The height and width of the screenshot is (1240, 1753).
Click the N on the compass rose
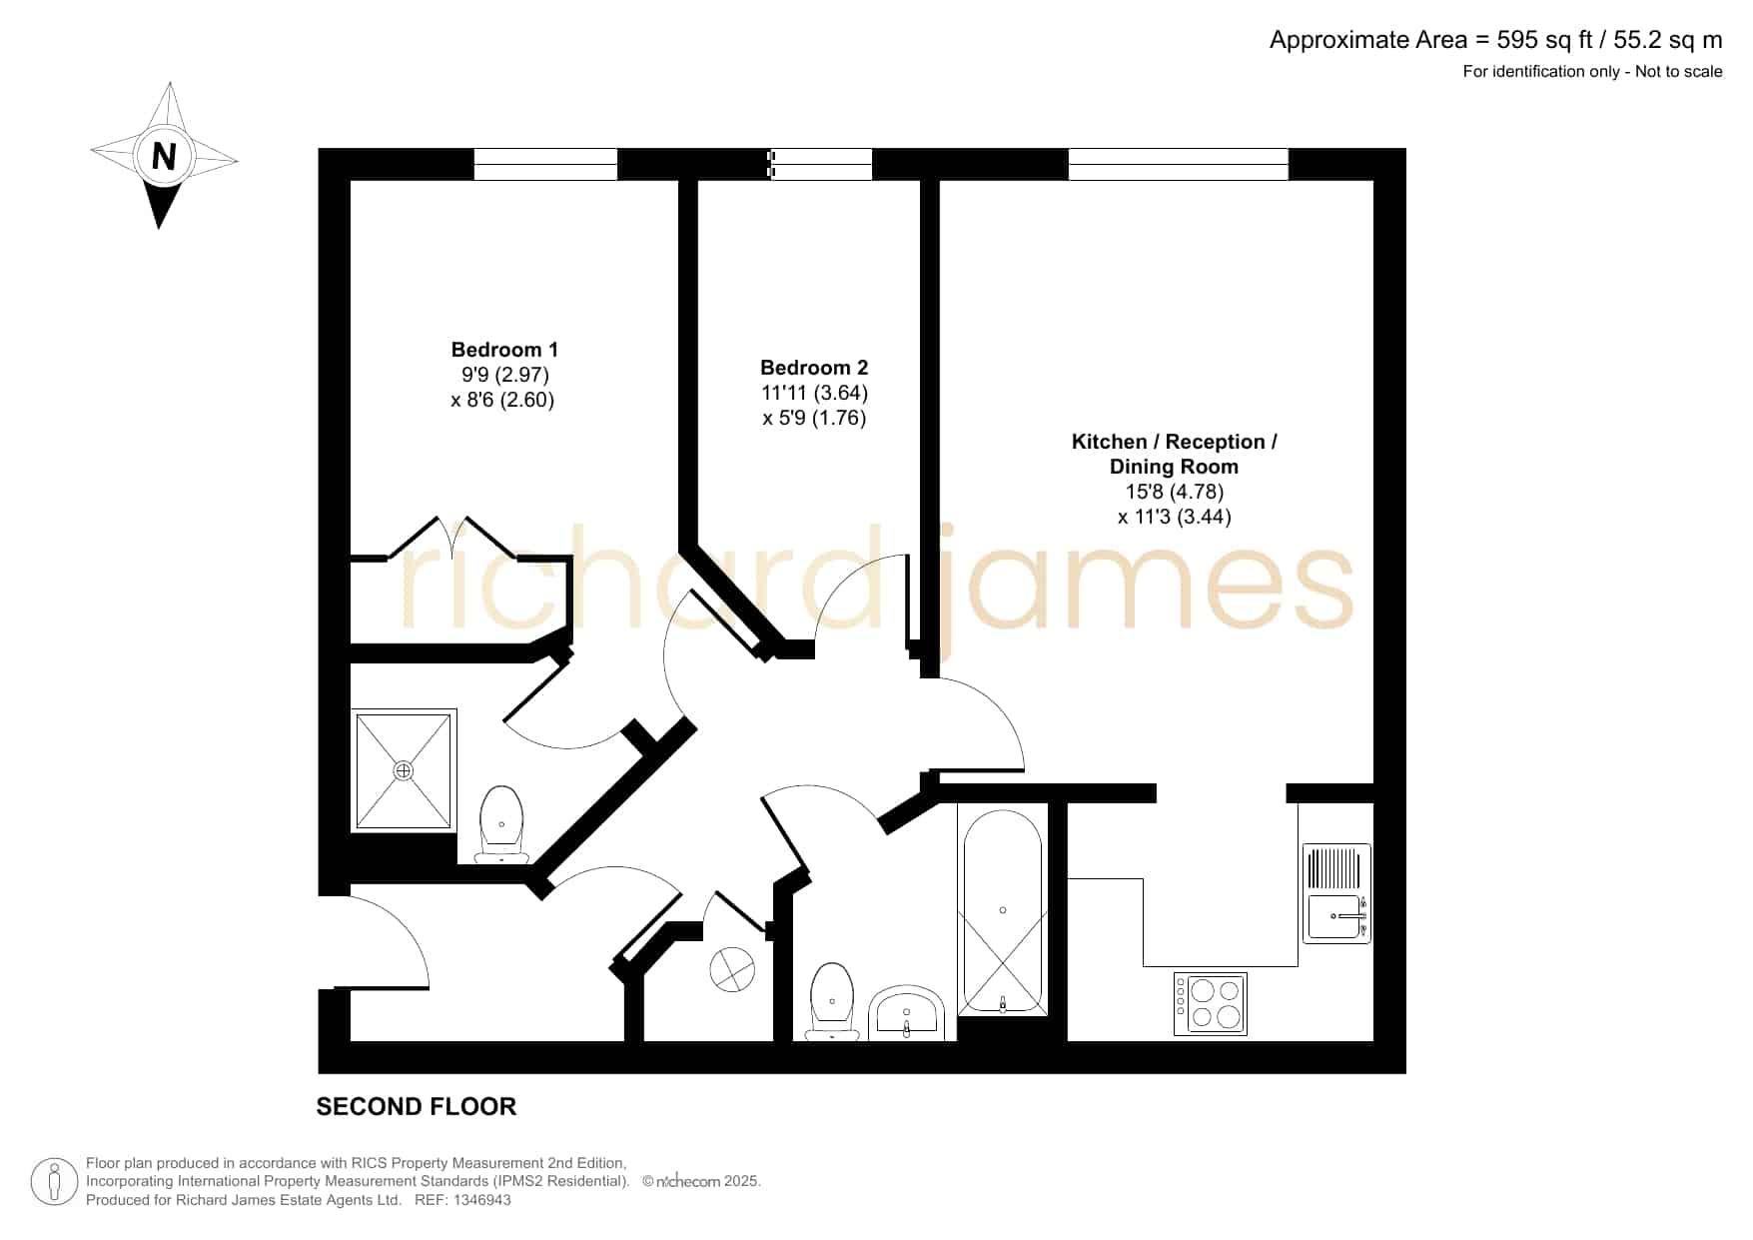click(x=164, y=156)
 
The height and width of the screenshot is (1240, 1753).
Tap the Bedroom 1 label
click(x=504, y=350)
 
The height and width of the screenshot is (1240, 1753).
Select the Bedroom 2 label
click(x=814, y=368)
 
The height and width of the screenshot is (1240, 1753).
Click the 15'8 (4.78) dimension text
click(x=1174, y=492)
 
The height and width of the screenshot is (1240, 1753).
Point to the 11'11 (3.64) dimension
click(x=814, y=393)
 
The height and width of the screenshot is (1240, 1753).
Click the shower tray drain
click(x=404, y=770)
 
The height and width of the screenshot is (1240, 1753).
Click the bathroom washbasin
click(x=906, y=1013)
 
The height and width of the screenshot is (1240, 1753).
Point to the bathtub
click(x=1003, y=912)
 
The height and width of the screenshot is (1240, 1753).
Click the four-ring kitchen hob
click(x=1211, y=1003)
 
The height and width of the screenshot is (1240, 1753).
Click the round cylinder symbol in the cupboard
click(x=732, y=969)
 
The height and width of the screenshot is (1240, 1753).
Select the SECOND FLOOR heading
click(x=417, y=1107)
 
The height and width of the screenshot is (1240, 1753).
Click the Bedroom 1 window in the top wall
click(x=545, y=164)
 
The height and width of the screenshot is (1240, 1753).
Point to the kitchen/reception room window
click(x=1179, y=164)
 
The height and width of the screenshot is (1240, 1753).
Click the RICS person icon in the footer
click(x=55, y=1182)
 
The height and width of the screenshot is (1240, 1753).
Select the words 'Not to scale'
click(x=1679, y=71)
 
